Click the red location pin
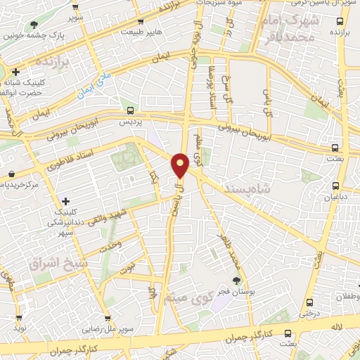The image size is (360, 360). tap(181, 165)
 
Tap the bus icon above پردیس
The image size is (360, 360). tap(129, 110)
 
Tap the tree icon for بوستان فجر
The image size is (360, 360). tap(236, 280)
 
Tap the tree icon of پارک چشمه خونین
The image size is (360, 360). tap(34, 25)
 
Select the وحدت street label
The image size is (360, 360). tap(110, 246)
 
